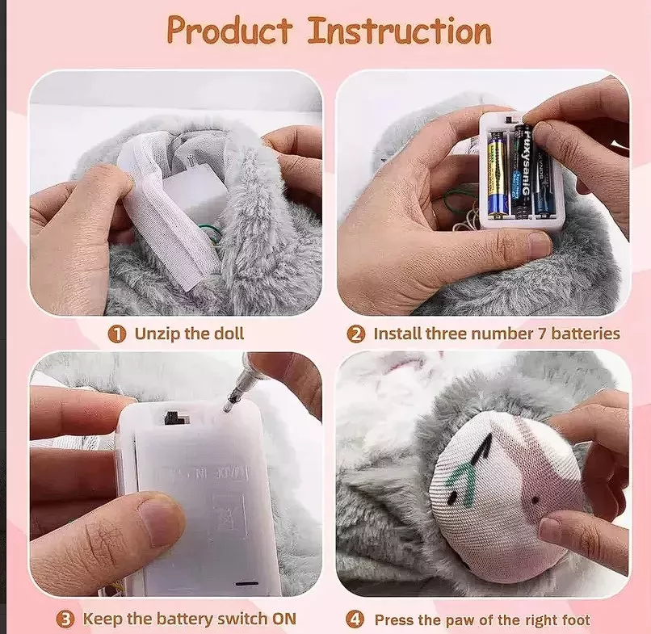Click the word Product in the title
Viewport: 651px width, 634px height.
point(229,31)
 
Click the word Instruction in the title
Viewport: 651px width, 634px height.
point(399,31)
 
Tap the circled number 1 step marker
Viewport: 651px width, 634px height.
point(117,334)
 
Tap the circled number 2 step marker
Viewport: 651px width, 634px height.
point(356,334)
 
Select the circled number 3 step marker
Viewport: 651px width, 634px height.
point(65,619)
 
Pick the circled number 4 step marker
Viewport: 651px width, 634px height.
point(356,619)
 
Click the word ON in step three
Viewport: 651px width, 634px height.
point(282,619)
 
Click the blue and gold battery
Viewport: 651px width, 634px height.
point(496,173)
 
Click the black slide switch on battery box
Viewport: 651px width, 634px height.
point(173,418)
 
